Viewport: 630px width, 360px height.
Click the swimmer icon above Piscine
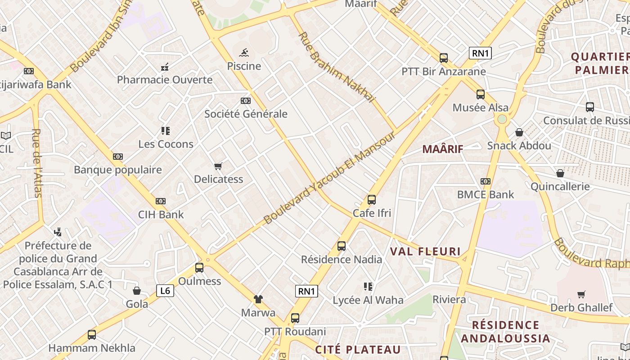click(243, 53)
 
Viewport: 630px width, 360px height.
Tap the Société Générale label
click(246, 114)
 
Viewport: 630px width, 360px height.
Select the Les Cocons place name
click(166, 144)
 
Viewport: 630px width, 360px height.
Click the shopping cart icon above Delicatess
click(218, 166)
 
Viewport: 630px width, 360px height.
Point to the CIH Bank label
click(161, 214)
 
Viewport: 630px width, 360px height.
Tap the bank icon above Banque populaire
click(118, 157)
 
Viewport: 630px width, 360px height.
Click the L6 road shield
click(165, 291)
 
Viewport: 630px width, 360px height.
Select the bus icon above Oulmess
click(199, 268)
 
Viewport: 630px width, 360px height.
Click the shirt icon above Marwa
click(258, 299)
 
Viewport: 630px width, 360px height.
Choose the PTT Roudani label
click(295, 332)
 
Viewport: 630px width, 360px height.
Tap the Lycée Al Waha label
click(368, 300)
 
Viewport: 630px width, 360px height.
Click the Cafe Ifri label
click(372, 213)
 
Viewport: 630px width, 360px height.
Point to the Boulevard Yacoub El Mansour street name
click(329, 178)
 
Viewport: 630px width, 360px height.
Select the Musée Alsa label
click(480, 108)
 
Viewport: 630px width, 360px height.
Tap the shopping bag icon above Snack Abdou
click(519, 132)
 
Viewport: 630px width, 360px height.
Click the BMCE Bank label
click(485, 194)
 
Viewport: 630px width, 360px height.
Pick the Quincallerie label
click(560, 186)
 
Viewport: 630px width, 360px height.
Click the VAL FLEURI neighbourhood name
click(425, 252)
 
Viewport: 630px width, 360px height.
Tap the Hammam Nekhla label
click(91, 348)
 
